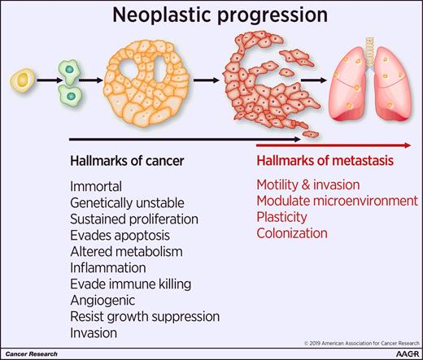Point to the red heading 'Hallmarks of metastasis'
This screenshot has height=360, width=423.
pos(325,160)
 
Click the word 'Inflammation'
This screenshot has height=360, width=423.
pos(108,267)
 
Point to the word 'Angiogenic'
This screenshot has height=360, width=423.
pos(102,300)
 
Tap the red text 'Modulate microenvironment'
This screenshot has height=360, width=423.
pos(337,201)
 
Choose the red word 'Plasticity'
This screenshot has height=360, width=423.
pos(281,217)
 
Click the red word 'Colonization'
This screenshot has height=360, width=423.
pos(291,233)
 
